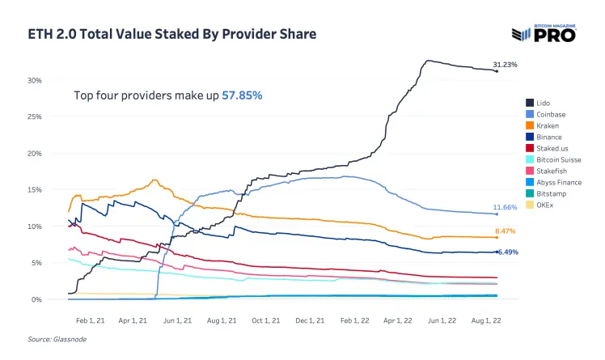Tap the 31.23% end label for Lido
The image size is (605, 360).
pos(505,65)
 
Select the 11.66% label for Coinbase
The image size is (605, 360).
pos(505,207)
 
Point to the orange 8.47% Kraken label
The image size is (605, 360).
pos(505,231)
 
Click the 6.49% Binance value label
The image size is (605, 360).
pos(508,252)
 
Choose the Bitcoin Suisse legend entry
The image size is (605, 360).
pos(553,159)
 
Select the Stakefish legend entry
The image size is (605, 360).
pos(546,171)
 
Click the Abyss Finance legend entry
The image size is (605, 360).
pos(554,183)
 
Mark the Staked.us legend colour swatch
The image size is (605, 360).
pos(530,148)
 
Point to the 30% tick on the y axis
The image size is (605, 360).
pos(34,80)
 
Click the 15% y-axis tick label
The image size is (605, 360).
pos(34,190)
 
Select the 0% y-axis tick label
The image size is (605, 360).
pos(36,299)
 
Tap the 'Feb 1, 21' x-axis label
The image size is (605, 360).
pos(91,320)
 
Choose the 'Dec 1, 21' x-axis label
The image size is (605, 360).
pos(310,320)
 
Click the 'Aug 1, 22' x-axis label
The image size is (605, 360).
pos(486,320)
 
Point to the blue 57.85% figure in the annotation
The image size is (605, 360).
pos(242,95)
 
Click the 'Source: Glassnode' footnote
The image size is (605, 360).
pos(57,340)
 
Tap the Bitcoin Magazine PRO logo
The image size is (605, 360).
pos(544,33)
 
